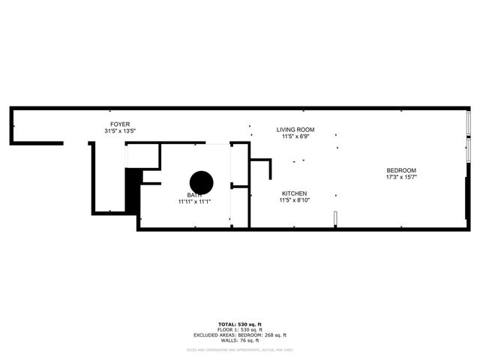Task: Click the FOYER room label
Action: click(x=120, y=124)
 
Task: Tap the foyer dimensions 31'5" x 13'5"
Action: click(x=120, y=130)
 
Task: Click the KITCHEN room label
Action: click(x=292, y=193)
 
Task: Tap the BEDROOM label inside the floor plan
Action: click(x=401, y=170)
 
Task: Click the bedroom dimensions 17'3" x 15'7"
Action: click(x=401, y=178)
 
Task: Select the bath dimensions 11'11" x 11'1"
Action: click(x=193, y=202)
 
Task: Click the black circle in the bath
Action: click(x=201, y=182)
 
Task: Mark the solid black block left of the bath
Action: click(x=133, y=191)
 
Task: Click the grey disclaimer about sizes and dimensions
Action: click(x=238, y=349)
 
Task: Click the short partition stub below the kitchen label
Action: click(x=335, y=218)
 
